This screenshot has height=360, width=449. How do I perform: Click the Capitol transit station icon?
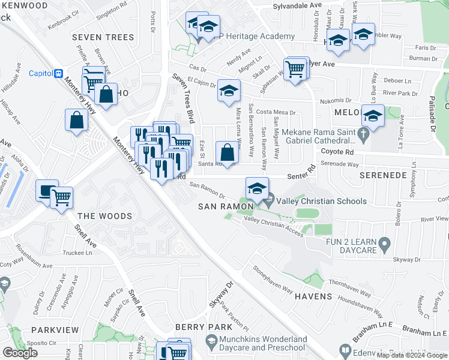coord(59,74)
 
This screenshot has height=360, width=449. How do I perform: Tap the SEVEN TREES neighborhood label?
coord(103,37)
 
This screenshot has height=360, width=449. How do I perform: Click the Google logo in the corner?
coord(20,353)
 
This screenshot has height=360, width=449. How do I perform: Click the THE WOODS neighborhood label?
coord(104,216)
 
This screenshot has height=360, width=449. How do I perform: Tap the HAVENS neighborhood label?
coord(313,296)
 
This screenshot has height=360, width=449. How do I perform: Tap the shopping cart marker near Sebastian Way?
coord(295,68)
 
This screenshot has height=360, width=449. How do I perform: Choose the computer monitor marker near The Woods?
coord(46,190)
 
